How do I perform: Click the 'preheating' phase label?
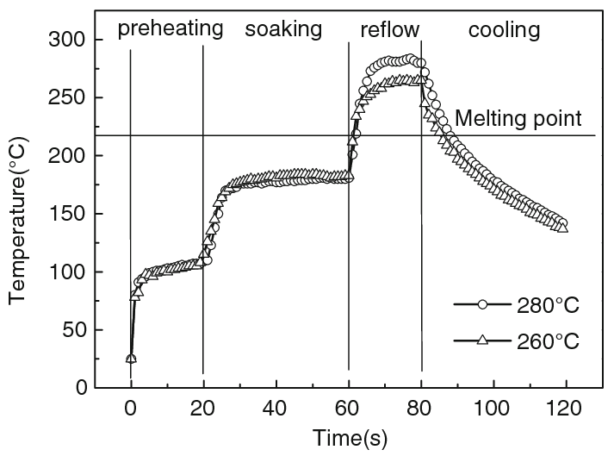tap(171, 29)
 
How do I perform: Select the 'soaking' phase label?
tap(283, 29)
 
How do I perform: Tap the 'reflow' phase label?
tap(389, 30)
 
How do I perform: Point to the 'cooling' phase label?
tap(504, 30)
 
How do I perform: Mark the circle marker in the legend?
tap(483, 305)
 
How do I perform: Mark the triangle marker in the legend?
tap(483, 340)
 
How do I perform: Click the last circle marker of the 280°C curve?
tap(562, 223)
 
